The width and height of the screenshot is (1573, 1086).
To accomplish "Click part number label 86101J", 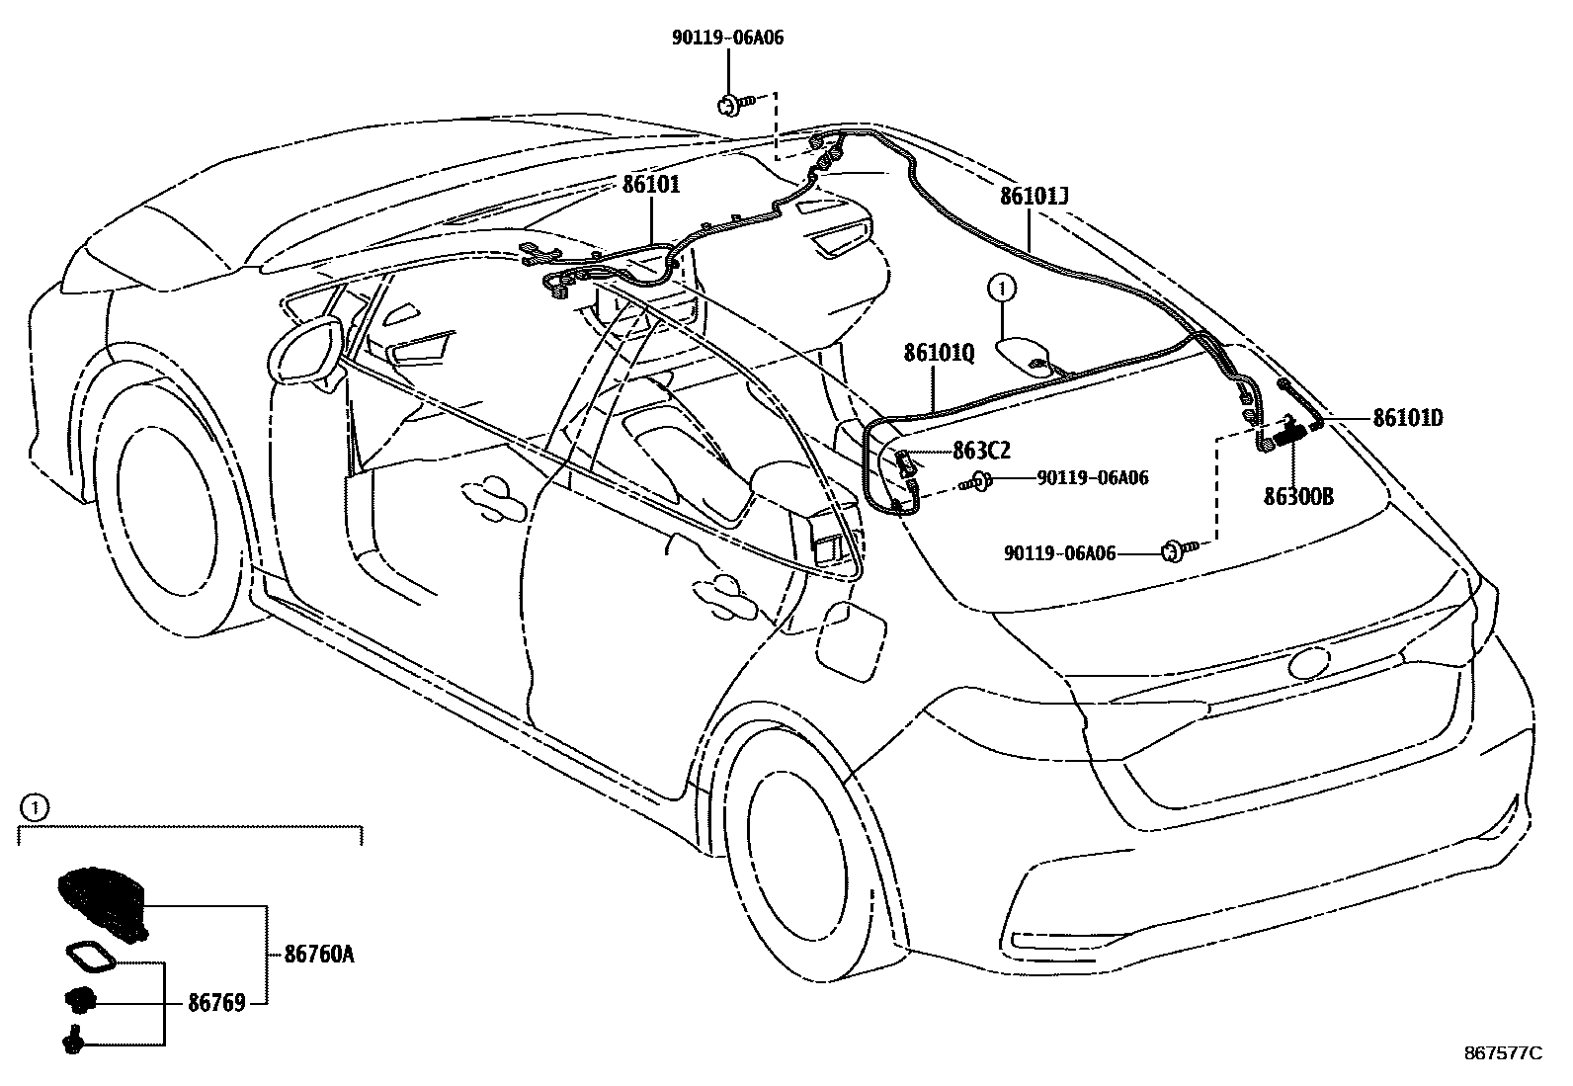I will click(x=1034, y=197).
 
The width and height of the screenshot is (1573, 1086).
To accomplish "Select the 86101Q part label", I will click(x=938, y=353).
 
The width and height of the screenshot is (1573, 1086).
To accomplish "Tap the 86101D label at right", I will click(x=1407, y=418).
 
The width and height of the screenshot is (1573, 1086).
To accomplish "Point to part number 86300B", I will click(x=1298, y=497).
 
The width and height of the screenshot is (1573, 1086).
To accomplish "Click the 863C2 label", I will click(x=981, y=451).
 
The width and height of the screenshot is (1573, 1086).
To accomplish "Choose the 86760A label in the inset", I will click(x=318, y=955).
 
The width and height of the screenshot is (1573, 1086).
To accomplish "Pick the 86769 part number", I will click(x=216, y=1003).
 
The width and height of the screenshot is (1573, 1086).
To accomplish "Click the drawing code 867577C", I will click(x=1502, y=1053).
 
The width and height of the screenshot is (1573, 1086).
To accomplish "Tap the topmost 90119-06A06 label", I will click(x=728, y=38).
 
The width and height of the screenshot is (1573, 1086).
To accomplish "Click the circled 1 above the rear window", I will click(x=1002, y=289).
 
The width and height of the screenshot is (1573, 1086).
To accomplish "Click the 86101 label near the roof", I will click(x=650, y=184).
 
